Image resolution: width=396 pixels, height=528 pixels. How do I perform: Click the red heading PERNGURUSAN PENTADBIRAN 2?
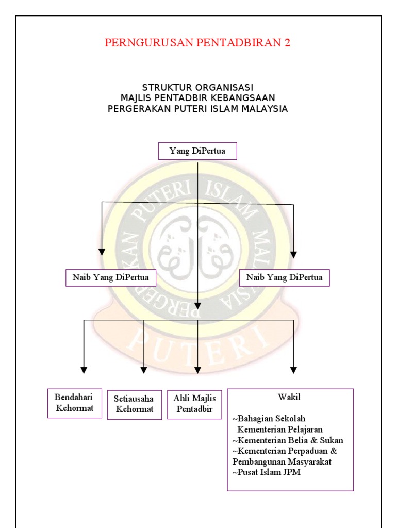click(197, 43)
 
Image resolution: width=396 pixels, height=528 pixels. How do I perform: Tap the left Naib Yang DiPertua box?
click(111, 277)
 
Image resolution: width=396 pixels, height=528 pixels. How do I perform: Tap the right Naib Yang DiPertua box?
click(285, 277)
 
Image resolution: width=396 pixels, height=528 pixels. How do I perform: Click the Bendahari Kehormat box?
click(75, 403)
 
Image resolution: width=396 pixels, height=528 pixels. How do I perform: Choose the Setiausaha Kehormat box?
click(135, 405)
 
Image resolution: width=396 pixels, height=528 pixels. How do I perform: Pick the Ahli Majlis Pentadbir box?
click(195, 404)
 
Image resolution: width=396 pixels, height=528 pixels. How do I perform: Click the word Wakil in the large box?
click(289, 398)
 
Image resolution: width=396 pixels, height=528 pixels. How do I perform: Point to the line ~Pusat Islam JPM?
click(266, 472)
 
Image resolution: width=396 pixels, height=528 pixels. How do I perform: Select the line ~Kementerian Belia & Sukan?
click(288, 440)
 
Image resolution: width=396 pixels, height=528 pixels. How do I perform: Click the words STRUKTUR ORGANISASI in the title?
click(197, 88)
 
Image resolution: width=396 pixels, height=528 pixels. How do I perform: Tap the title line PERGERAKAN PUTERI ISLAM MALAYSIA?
click(197, 109)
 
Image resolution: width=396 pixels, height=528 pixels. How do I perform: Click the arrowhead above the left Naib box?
click(102, 252)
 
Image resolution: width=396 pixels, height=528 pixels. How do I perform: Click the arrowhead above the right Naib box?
click(293, 254)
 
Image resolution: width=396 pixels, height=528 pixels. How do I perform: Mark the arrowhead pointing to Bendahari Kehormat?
click(84, 370)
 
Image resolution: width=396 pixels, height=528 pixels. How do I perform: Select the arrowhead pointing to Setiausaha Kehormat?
click(144, 370)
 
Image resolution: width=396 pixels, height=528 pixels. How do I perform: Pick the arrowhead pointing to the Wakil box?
click(293, 370)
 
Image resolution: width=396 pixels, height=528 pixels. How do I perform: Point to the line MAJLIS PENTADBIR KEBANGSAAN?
click(197, 98)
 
